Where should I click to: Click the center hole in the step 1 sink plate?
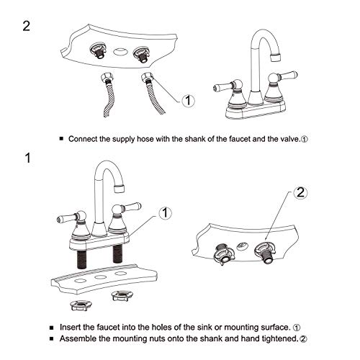pyautogui.click(x=100, y=274)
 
